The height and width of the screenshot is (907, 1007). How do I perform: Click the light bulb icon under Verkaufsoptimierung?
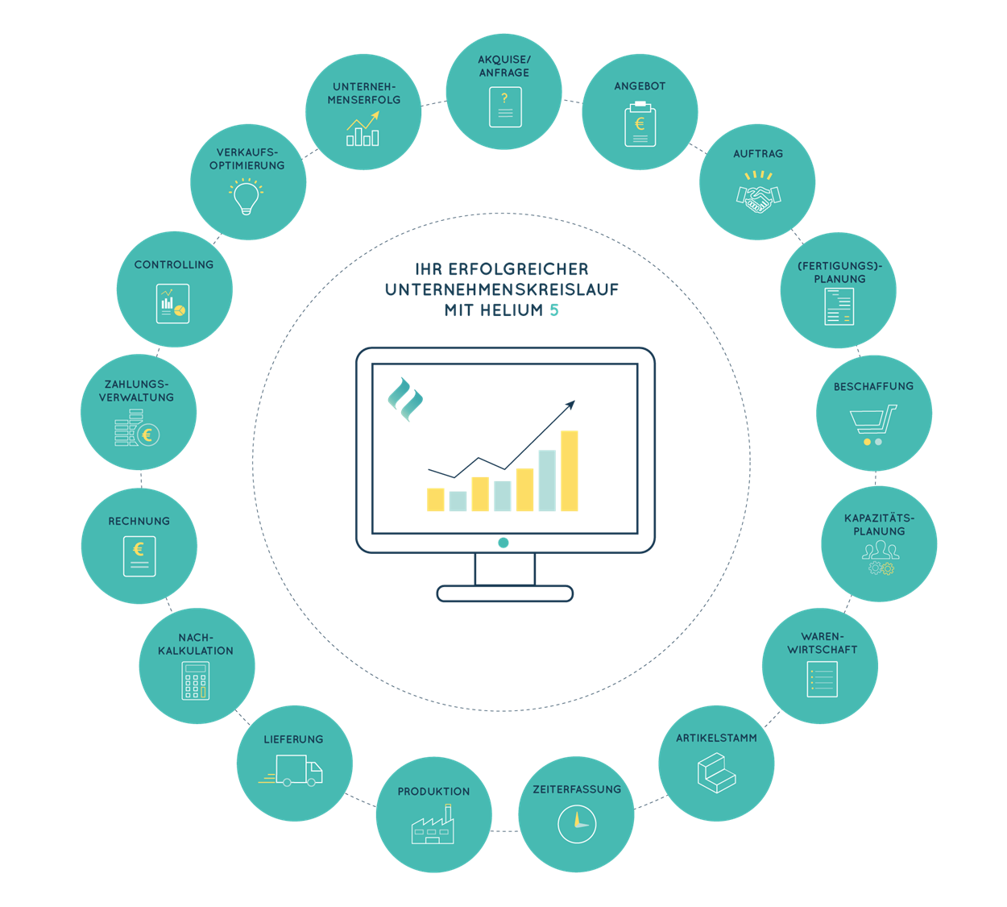click(x=247, y=197)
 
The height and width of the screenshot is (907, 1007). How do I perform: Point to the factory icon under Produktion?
click(x=433, y=825)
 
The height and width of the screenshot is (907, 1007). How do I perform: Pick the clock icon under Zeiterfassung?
click(x=577, y=824)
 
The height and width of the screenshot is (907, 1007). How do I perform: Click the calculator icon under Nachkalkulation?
click(x=196, y=680)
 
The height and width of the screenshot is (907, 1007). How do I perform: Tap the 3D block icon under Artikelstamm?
click(x=716, y=772)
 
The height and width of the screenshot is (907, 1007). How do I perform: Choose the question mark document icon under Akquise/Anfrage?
click(x=505, y=107)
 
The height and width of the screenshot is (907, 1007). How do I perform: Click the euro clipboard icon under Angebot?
click(x=640, y=124)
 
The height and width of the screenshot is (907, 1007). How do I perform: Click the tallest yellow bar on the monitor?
click(x=570, y=471)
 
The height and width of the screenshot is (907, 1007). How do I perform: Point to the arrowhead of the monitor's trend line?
click(x=570, y=404)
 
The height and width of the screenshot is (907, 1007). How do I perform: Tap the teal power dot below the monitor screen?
click(x=503, y=543)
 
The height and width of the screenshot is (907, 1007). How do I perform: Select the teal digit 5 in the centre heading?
click(x=554, y=310)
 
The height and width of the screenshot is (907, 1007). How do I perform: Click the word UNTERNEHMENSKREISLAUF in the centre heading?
click(x=502, y=289)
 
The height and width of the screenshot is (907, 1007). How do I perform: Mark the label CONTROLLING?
click(x=174, y=264)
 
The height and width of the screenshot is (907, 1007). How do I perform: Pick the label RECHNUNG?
click(x=139, y=521)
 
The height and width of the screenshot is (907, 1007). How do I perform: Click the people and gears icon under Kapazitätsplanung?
click(x=880, y=558)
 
